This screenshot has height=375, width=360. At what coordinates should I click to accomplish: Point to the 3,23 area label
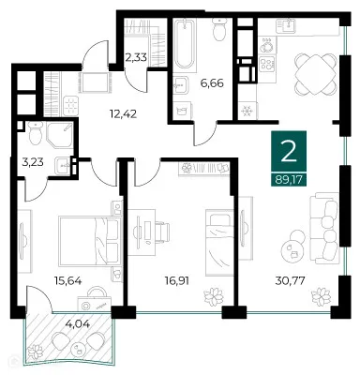34,172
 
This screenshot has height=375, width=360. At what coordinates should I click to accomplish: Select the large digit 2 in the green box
290,151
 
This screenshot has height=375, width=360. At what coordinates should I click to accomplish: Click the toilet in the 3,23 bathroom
34,138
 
